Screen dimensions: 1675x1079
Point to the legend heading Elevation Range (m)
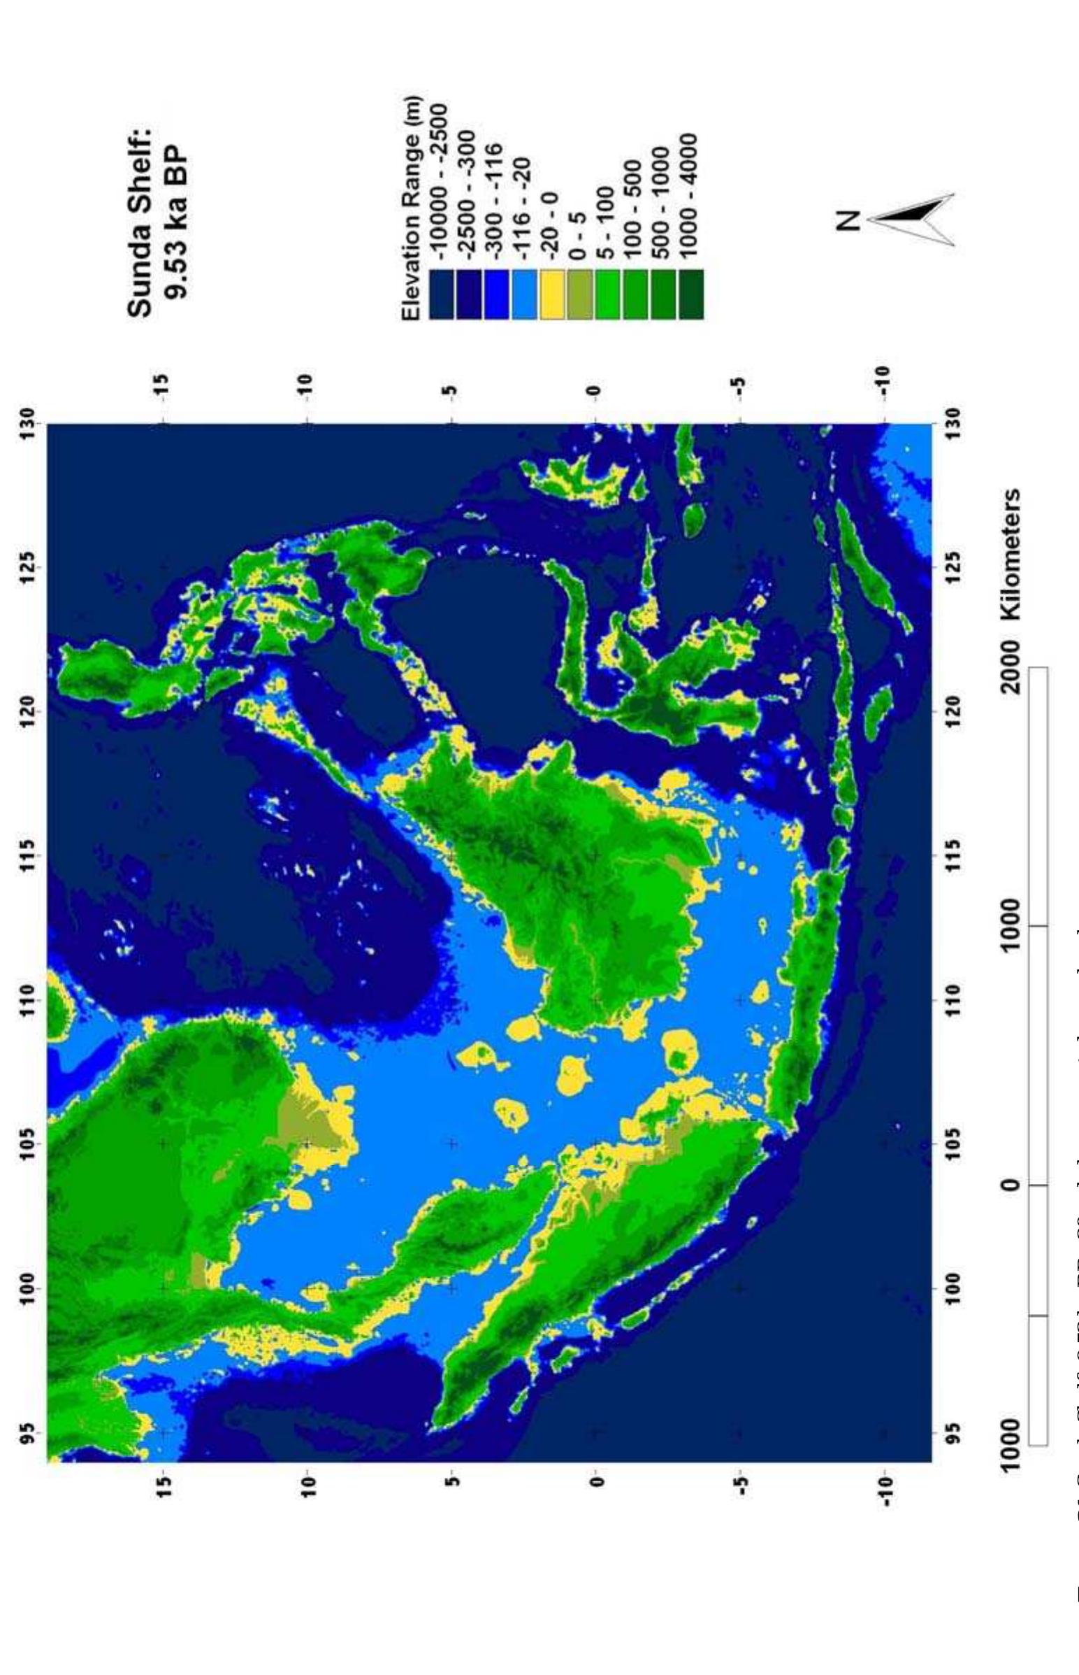[x=412, y=208]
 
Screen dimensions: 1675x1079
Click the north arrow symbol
[x=911, y=220]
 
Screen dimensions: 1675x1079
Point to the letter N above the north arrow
[x=850, y=220]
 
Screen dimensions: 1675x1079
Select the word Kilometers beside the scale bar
[x=1010, y=555]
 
